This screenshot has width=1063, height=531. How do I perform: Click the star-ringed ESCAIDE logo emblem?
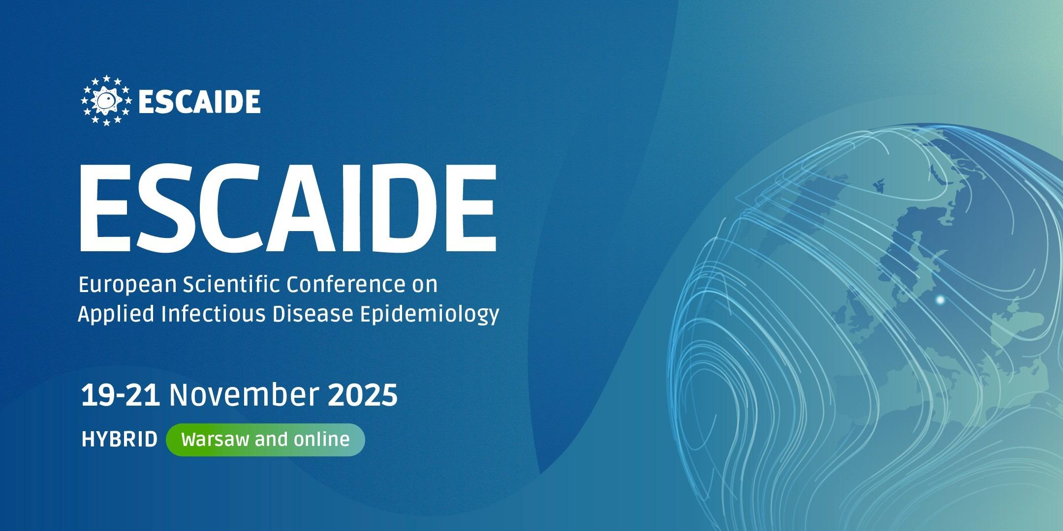coord(106,100)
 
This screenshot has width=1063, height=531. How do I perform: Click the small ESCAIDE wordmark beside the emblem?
coord(199,101)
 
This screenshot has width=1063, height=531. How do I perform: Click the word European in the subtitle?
coord(127,285)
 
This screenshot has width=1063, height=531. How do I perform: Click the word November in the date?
coord(243,395)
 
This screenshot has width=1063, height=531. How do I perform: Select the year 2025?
coord(362,395)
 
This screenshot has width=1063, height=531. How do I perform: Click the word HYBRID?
coord(119,439)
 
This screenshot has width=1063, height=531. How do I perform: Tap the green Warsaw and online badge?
coord(266,439)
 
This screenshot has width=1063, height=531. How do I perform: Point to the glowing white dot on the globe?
coord(940,299)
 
